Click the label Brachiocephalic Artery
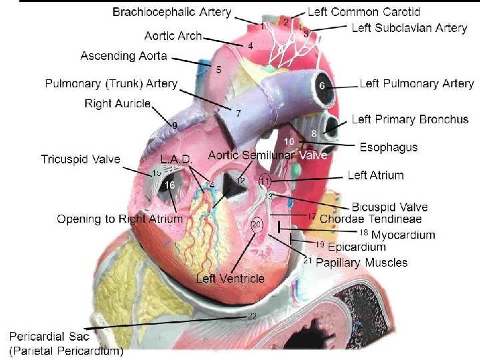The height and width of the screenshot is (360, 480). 172,12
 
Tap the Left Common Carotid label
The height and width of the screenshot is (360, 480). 364,12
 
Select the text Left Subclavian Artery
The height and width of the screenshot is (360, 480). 409,28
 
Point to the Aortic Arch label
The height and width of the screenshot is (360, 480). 173,36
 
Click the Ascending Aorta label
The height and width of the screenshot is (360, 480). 124,55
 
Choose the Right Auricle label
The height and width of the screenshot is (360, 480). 118,103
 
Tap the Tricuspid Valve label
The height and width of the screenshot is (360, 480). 81,159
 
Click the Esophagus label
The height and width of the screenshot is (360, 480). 389,147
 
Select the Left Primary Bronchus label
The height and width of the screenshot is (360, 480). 410,119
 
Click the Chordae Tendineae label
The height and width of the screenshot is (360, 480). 371,219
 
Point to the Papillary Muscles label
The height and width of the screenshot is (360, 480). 361,263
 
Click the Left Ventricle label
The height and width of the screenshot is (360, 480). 230,279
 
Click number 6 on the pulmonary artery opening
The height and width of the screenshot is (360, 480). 321,87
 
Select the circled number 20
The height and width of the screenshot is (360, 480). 257,224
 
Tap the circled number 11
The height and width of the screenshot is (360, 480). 265,181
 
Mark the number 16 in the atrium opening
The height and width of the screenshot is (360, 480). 170,185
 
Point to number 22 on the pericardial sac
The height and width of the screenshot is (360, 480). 252,315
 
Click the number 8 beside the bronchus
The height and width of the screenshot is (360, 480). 314,133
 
